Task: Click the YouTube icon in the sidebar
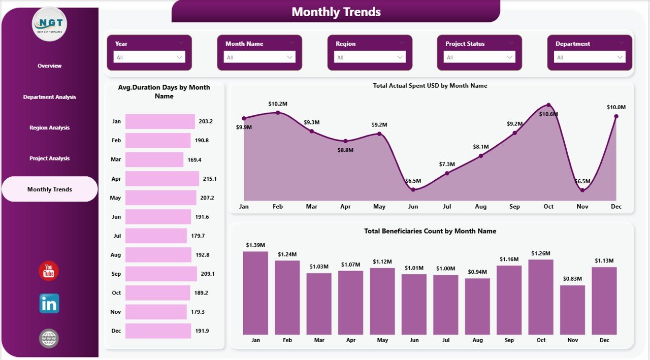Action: [x=49, y=271]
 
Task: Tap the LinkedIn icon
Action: [x=49, y=304]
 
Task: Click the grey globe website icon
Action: [x=49, y=339]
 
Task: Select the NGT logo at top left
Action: [x=49, y=24]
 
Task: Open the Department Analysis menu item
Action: [x=49, y=97]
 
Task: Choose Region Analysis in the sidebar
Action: [x=49, y=128]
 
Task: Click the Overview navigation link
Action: [x=49, y=66]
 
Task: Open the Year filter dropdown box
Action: [x=149, y=57]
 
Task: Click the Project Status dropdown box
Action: [x=479, y=57]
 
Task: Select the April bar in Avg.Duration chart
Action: [x=162, y=179]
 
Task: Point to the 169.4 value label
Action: [x=194, y=160]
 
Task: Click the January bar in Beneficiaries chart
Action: [x=255, y=293]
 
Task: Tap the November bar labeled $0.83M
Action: [x=572, y=310]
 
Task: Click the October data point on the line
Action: [x=548, y=105]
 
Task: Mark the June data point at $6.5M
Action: [x=413, y=189]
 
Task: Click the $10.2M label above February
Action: [x=278, y=104]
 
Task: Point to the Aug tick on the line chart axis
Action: [x=480, y=207]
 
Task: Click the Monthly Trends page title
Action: [x=336, y=12]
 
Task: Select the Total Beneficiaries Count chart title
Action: [x=430, y=231]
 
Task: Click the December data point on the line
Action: [x=616, y=116]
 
